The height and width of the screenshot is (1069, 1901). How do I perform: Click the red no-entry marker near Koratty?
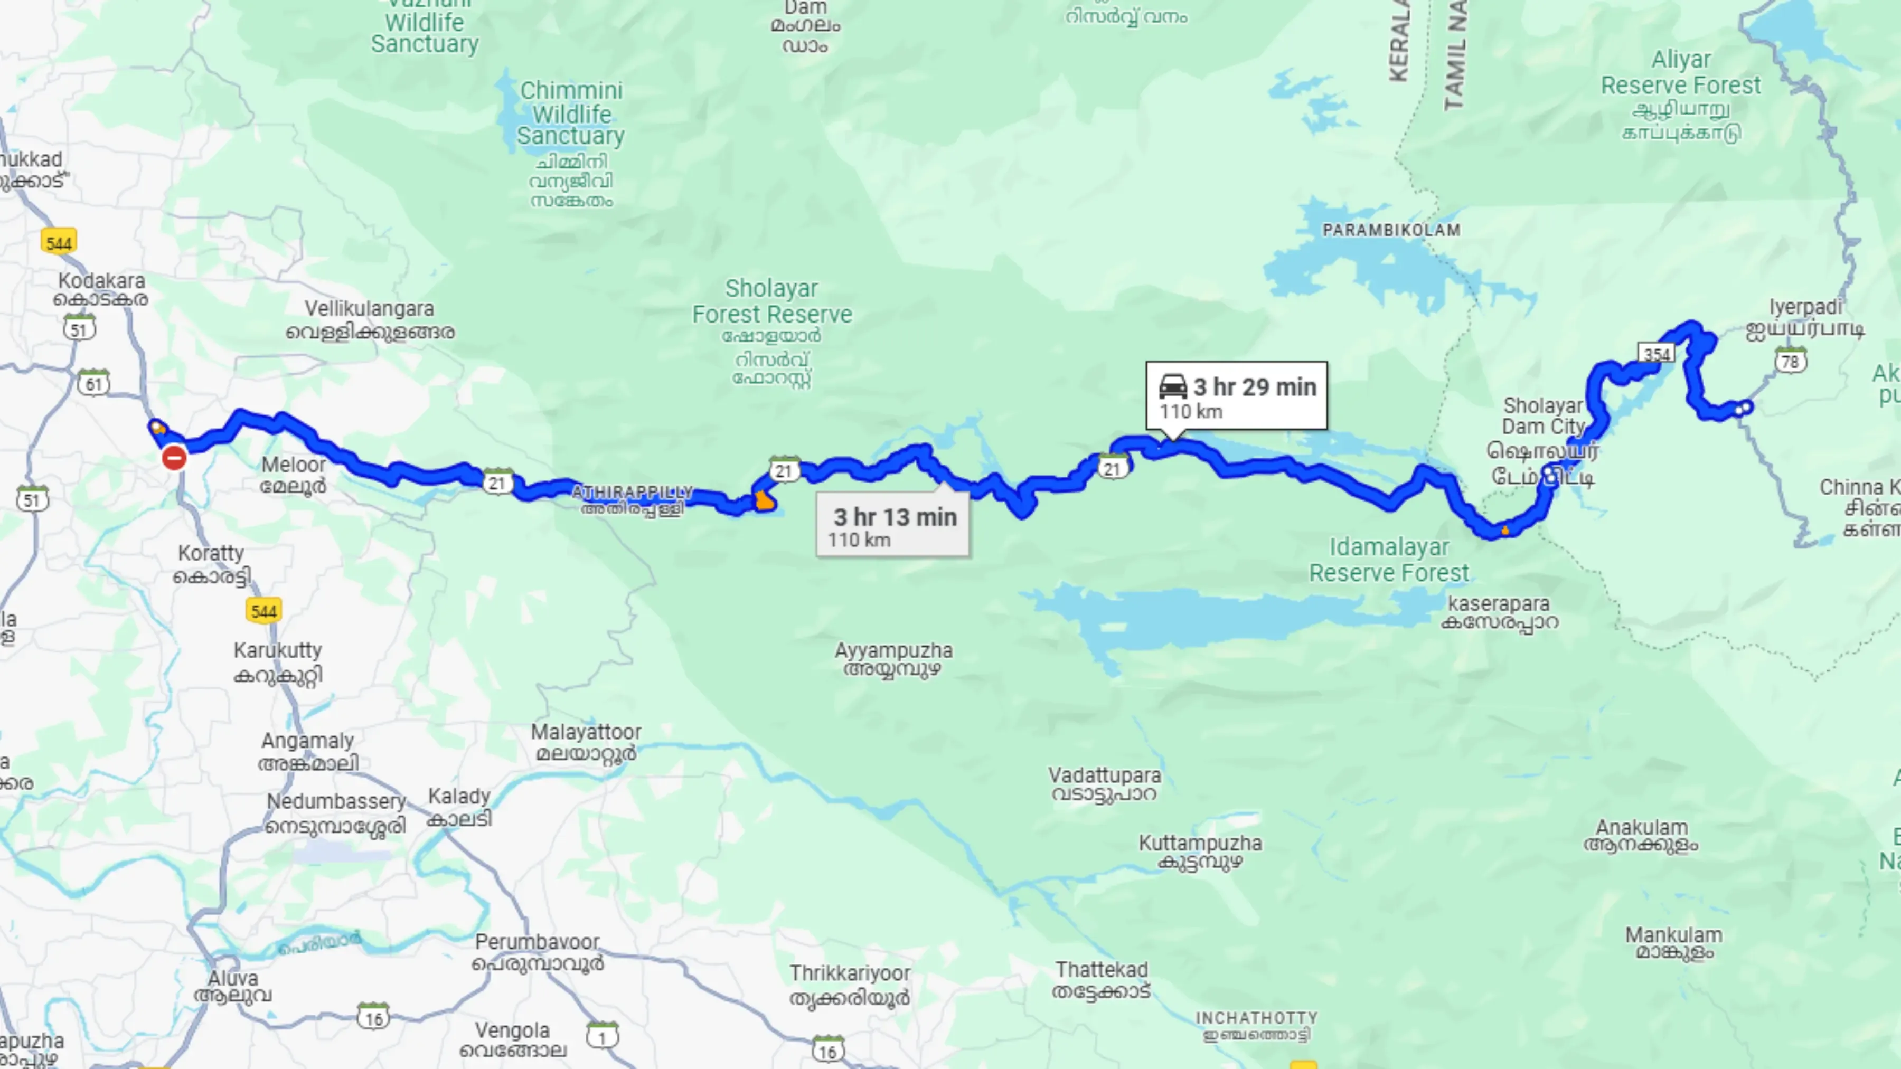(x=174, y=458)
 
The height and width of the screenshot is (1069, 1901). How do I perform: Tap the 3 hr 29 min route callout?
(x=1236, y=396)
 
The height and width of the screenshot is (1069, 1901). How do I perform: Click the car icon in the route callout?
(x=1173, y=386)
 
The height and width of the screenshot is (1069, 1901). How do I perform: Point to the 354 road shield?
(x=1657, y=354)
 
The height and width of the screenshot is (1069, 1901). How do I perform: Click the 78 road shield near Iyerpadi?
(x=1790, y=361)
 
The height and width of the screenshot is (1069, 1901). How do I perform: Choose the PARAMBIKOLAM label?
(x=1391, y=230)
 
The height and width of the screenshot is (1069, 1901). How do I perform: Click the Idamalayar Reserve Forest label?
(x=1389, y=560)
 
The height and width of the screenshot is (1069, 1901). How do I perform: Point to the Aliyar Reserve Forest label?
(x=1680, y=72)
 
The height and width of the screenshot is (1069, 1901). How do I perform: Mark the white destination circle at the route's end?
(x=1745, y=406)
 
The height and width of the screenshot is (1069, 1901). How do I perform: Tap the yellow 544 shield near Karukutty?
(x=263, y=611)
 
